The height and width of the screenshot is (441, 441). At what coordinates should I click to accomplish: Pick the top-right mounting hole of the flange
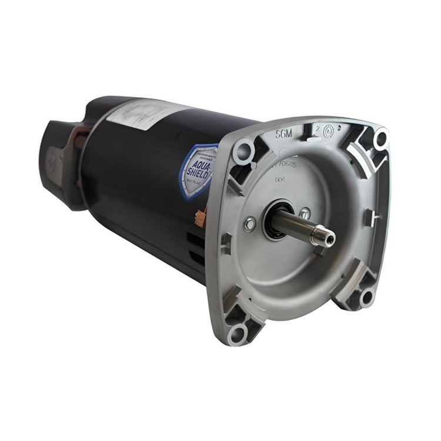(x=380, y=139)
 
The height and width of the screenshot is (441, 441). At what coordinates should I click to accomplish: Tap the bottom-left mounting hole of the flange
(x=237, y=334)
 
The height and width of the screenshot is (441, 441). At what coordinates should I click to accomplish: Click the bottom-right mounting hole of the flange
(x=367, y=295)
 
